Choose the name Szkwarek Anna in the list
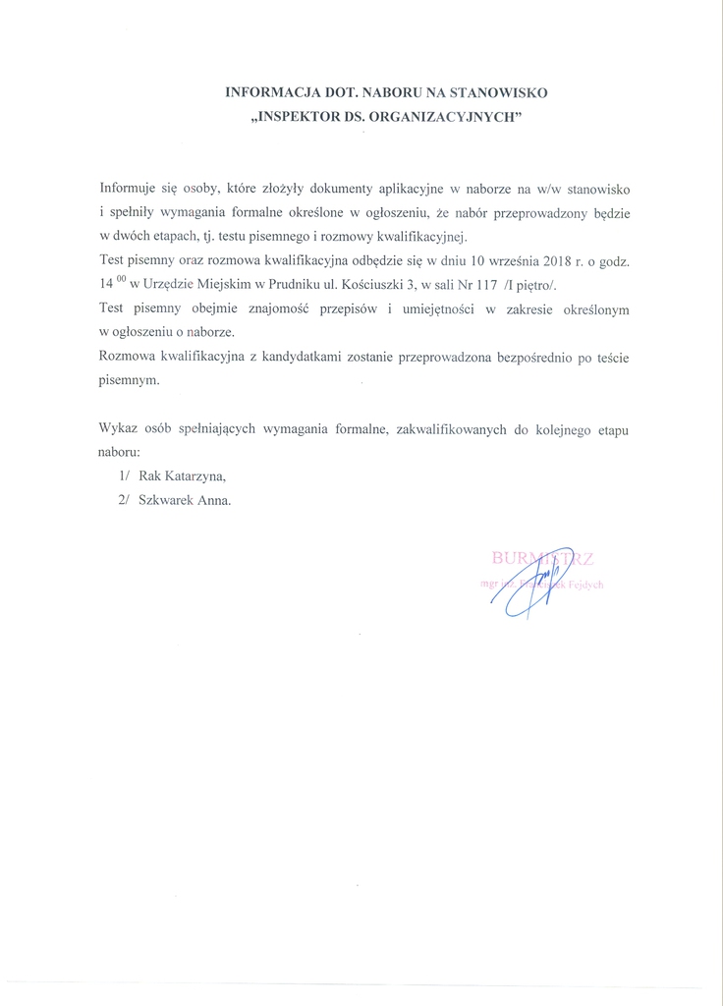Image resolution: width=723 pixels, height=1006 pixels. tap(186, 499)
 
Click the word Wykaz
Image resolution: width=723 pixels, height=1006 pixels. tap(119, 429)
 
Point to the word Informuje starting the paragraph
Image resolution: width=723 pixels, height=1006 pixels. tap(133, 187)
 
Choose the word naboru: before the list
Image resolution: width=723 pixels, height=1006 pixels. tap(120, 453)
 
